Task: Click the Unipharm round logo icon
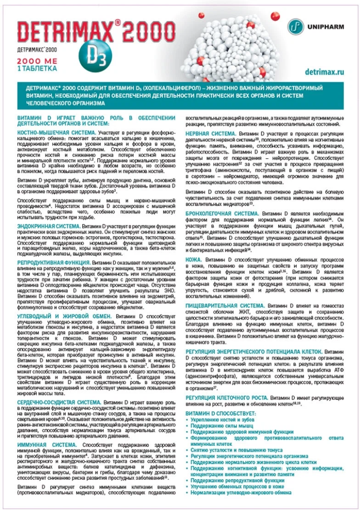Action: [x=296, y=26]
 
